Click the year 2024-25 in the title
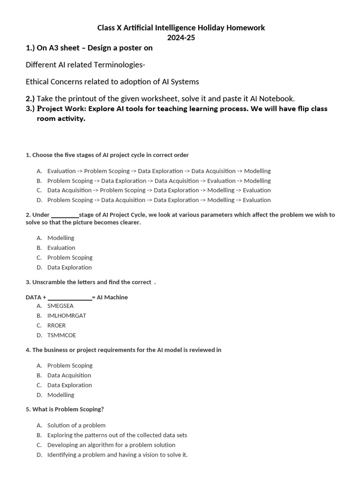(x=181, y=37)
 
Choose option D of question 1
(x=159, y=200)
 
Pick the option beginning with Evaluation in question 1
(x=159, y=171)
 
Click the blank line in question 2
(x=65, y=215)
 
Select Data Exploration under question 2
(x=69, y=268)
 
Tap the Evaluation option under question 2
(x=61, y=248)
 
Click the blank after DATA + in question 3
(x=70, y=298)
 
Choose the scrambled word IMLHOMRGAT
(x=67, y=316)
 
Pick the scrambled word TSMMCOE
(x=61, y=336)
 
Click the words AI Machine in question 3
(x=112, y=298)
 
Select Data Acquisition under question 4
(x=69, y=375)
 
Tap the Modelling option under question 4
(x=60, y=395)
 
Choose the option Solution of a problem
(x=76, y=426)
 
